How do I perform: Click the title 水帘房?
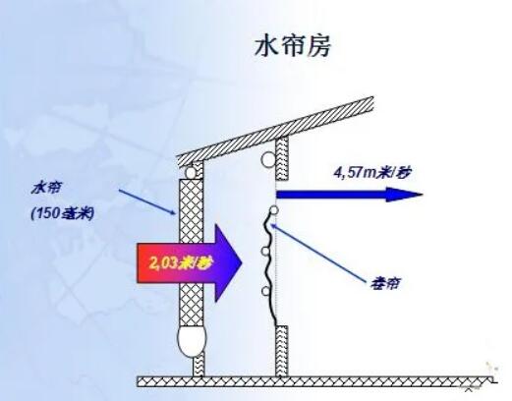tap(293, 46)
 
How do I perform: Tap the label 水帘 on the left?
tap(46, 189)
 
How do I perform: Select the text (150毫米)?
tap(62, 214)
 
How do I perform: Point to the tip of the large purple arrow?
tap(242, 262)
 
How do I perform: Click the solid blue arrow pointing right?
tap(350, 195)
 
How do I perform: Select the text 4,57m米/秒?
tap(371, 172)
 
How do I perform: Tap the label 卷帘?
tap(385, 283)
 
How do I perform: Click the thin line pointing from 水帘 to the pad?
tap(147, 201)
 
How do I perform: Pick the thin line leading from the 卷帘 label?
tap(319, 253)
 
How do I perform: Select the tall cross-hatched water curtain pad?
tap(191, 253)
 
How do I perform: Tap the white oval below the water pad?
tap(191, 341)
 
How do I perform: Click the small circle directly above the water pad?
tap(191, 172)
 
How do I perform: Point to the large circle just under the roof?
tap(268, 159)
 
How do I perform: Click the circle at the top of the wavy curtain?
tap(274, 210)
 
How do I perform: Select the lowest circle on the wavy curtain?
tap(265, 291)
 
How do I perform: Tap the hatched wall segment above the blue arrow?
tap(282, 158)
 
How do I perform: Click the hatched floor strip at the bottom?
tap(315, 381)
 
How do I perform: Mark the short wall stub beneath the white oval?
tap(199, 365)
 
